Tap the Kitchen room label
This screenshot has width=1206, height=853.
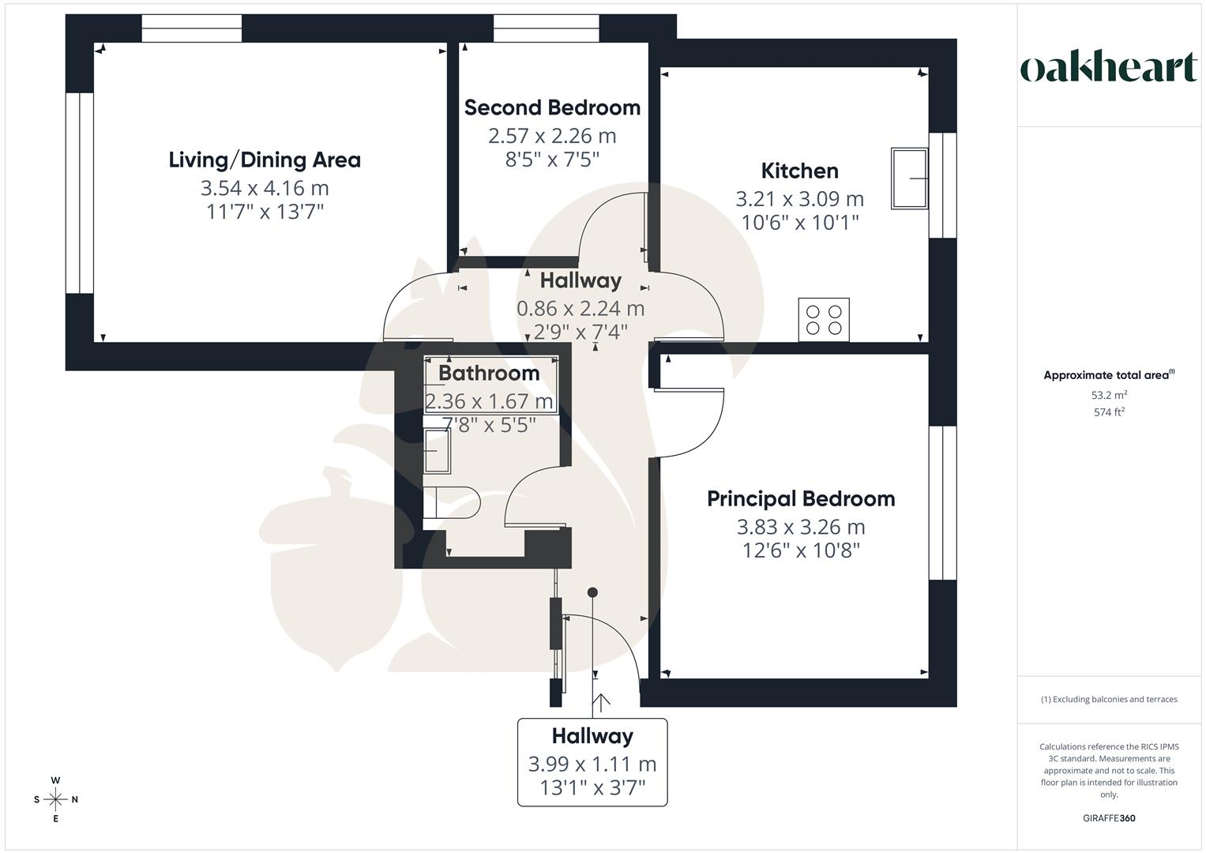pos(799,171)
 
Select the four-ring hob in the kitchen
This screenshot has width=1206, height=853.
pos(824,319)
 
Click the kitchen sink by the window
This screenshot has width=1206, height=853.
pos(909,178)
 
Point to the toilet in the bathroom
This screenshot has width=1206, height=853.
pos(451,502)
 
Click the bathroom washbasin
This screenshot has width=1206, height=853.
pos(437,451)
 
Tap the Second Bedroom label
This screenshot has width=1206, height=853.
pos(552,107)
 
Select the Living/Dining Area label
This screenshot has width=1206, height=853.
pos(265,160)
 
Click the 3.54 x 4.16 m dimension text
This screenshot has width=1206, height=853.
pos(265,188)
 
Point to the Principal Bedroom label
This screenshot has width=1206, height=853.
pos(801,498)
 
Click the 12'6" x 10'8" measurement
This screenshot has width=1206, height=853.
pos(801,551)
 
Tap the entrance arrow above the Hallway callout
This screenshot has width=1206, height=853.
pos(601,701)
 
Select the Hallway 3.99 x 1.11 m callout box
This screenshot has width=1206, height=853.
pos(592,762)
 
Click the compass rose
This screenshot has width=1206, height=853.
pos(55,799)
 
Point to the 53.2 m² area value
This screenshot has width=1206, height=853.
pos(1109,395)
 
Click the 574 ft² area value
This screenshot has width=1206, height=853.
pos(1109,412)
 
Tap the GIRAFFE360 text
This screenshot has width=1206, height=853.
pos(1109,818)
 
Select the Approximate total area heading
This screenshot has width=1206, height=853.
pos(1109,375)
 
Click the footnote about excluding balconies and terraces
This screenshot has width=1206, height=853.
pos(1109,699)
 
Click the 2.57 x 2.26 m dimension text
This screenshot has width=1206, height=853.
pos(552,136)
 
